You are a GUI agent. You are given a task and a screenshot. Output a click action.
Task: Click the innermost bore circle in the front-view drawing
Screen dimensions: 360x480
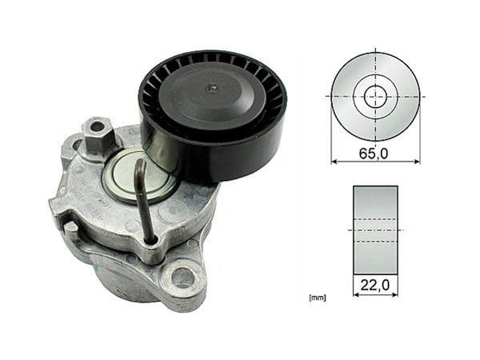point(374,96)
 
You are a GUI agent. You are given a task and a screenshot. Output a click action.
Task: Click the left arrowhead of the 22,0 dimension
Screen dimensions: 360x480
point(355,293)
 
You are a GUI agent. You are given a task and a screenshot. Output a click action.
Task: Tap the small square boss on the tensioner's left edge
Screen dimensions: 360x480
point(70,229)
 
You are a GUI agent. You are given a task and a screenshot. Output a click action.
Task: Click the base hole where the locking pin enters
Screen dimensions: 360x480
point(149,237)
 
